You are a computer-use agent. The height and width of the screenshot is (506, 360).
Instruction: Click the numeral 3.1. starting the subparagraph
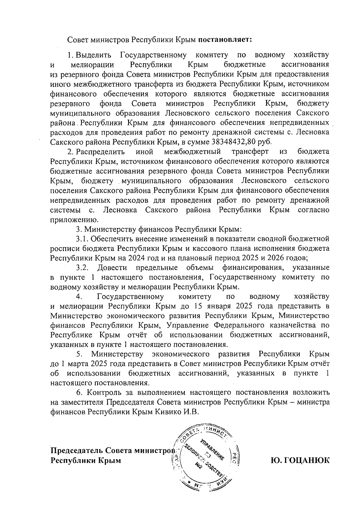pyautogui.click(x=82, y=239)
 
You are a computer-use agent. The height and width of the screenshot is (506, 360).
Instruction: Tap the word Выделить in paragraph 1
pyautogui.click(x=94, y=55)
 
